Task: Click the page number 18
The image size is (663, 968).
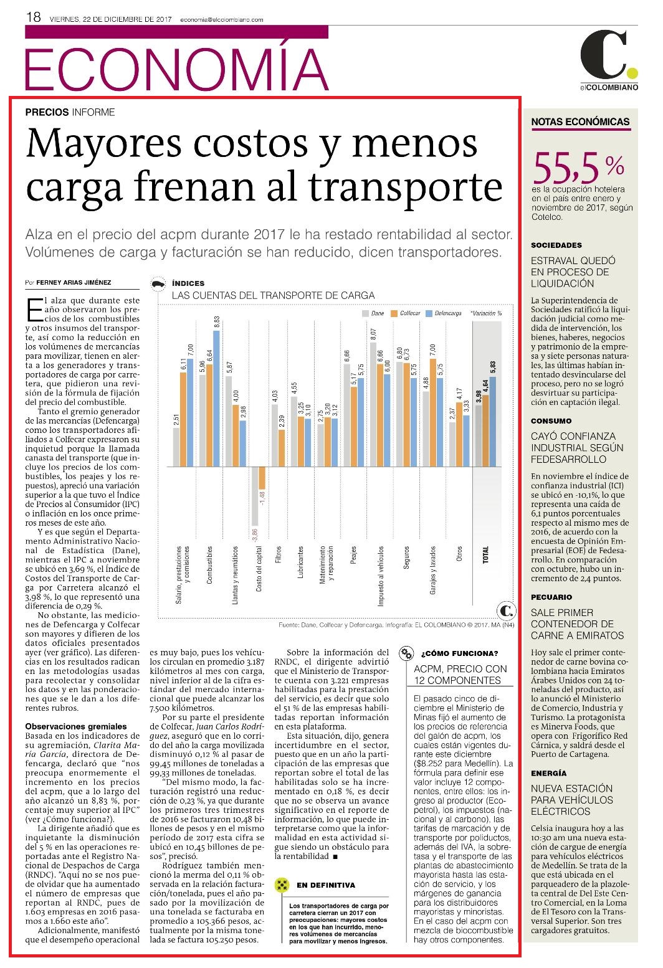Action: (33, 17)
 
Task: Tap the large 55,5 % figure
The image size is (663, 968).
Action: (578, 167)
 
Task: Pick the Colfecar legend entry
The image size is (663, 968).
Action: (406, 313)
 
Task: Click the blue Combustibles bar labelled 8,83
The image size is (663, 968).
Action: (216, 399)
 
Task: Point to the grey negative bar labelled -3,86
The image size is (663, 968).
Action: (255, 496)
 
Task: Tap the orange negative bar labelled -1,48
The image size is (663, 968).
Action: (262, 478)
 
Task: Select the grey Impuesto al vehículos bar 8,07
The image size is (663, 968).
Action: (373, 404)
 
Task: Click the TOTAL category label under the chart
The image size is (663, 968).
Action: (485, 554)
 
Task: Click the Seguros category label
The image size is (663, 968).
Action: (406, 558)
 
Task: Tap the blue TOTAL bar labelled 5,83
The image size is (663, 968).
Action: (493, 422)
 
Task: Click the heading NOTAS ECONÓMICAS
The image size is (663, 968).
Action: (581, 122)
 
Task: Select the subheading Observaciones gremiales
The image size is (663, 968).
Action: (76, 726)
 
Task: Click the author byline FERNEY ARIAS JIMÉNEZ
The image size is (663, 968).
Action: (74, 283)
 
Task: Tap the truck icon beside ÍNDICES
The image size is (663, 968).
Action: (158, 283)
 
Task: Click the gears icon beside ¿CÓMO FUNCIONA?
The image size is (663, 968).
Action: (406, 653)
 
